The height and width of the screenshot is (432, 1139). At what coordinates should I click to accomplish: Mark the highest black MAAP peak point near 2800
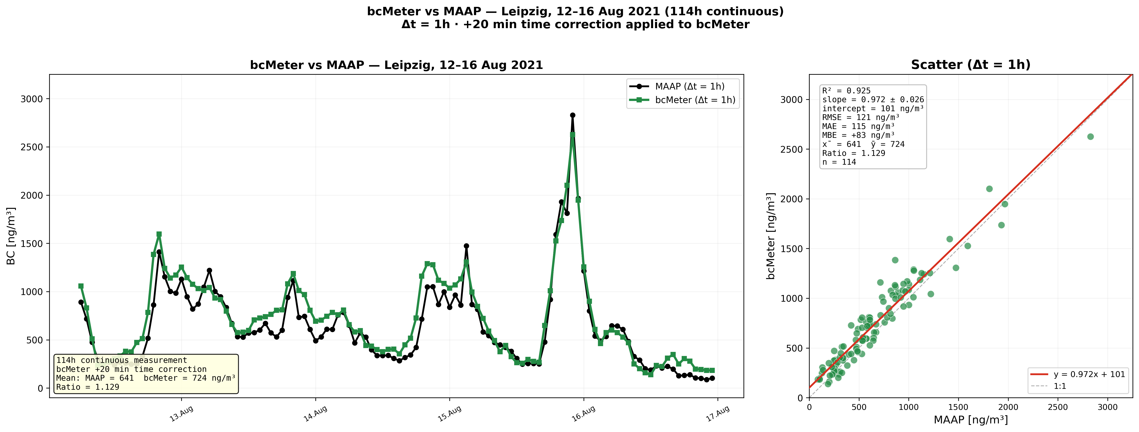click(x=573, y=115)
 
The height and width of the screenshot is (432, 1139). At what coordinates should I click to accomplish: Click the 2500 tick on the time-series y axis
click(x=32, y=147)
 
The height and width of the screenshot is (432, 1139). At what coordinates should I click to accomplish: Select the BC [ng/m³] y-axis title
click(x=11, y=236)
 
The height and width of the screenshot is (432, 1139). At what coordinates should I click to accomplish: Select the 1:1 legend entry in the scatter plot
click(x=1060, y=386)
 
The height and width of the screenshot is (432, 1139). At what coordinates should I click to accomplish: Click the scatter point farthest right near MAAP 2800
click(x=1090, y=137)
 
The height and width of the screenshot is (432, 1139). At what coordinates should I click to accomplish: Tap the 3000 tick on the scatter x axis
click(x=1108, y=407)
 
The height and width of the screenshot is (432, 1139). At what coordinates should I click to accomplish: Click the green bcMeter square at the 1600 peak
click(x=159, y=234)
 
